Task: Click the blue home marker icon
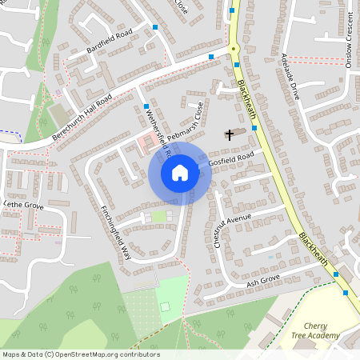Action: pos(180,173)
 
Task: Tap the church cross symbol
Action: pos(229,134)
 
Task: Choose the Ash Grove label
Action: pos(262,281)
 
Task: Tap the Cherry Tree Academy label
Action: pos(315,330)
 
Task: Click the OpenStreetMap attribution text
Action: pos(80,354)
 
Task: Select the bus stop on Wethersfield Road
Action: pos(146,106)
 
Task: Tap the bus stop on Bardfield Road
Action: pos(156,28)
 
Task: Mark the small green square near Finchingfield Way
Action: pos(158,215)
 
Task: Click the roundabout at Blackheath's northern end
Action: pos(234,49)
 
